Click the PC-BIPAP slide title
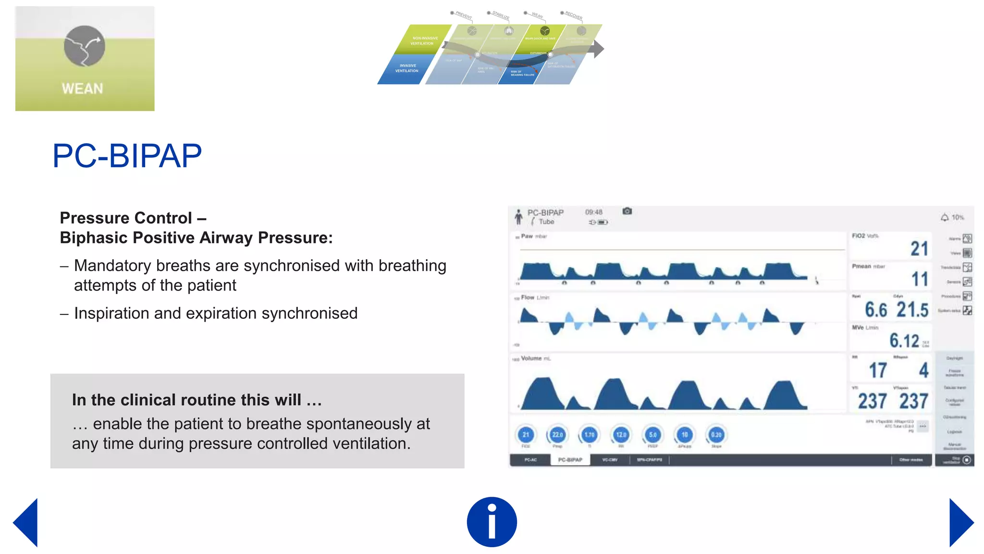coord(127,156)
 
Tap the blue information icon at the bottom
coord(492,522)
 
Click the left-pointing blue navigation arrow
coord(26,523)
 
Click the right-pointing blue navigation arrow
coord(960,523)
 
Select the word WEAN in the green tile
coord(82,89)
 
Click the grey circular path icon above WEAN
coord(85,46)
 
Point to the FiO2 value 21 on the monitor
coord(919,249)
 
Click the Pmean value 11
coord(920,279)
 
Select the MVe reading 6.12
coord(904,340)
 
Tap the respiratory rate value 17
coord(878,370)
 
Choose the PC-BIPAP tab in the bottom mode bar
coord(570,460)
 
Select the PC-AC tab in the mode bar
coord(530,460)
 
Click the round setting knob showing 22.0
coord(557,435)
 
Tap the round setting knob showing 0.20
coord(716,435)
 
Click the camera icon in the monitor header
coord(627,211)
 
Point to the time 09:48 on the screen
coord(593,212)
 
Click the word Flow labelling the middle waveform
coord(528,298)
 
